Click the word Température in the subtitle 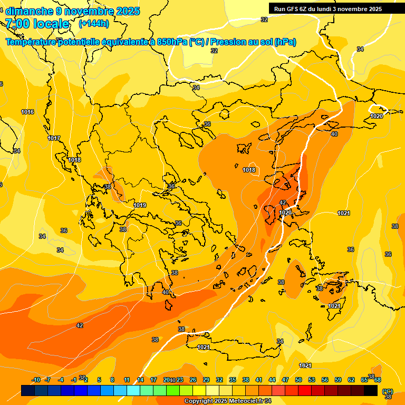[x=32, y=42]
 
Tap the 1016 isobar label [x=27, y=112]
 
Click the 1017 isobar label [x=54, y=138]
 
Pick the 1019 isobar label [x=140, y=205]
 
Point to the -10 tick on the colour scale [x=36, y=380]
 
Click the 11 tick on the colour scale [x=127, y=380]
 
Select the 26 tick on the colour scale [x=193, y=380]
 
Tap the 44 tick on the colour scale [x=272, y=380]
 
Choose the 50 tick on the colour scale [x=298, y=380]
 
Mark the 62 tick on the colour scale [x=351, y=380]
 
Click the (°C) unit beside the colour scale [x=388, y=391]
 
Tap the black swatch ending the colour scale [x=371, y=390]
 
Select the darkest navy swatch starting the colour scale [x=28, y=390]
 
